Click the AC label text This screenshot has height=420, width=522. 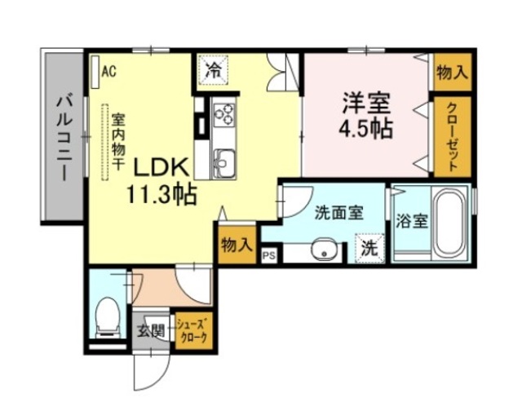(x=109, y=71)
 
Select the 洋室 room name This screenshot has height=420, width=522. (x=365, y=104)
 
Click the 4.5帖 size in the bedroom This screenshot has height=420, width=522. (x=365, y=129)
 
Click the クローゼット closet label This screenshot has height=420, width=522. (x=451, y=138)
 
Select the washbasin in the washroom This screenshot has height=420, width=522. (x=325, y=251)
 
